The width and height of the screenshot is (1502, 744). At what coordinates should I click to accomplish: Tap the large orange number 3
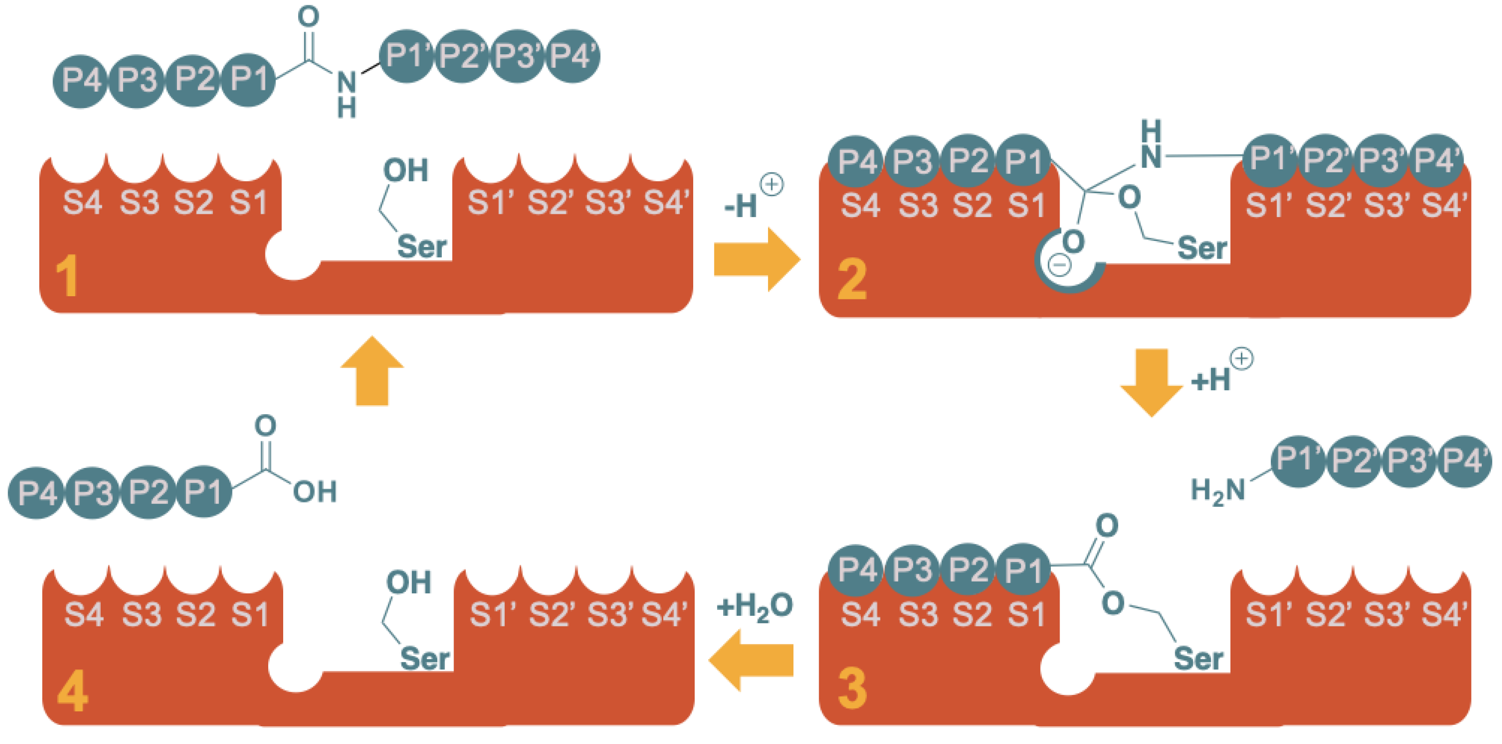pos(852,689)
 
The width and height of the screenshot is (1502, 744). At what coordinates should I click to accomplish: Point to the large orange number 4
pos(73,692)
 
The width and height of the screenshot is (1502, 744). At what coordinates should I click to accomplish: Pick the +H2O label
pos(755,607)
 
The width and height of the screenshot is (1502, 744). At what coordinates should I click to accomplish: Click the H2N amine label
pos(1217,491)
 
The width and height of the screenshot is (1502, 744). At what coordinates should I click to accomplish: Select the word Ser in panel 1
pos(422,247)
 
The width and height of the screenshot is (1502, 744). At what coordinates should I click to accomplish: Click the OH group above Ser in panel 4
pos(408,583)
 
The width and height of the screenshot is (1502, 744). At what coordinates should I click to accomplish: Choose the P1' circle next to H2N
pos(1297,460)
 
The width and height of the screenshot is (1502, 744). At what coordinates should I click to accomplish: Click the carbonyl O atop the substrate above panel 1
pos(308,16)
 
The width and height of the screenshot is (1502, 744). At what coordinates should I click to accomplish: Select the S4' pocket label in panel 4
pos(665,614)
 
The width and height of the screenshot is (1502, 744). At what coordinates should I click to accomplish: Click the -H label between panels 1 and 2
pos(740,206)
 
